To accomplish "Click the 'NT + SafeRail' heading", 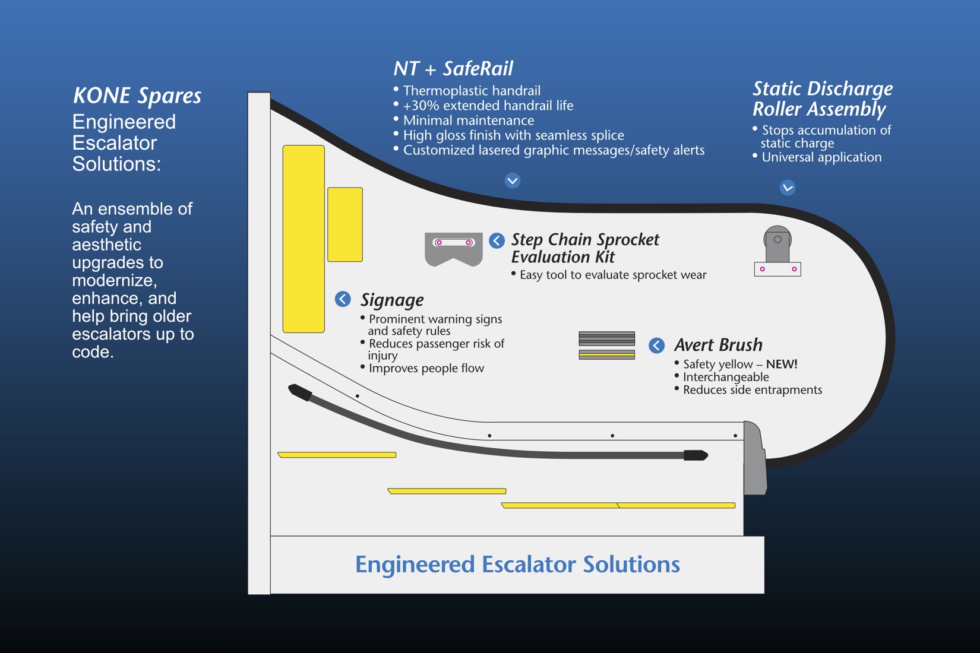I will [x=453, y=69].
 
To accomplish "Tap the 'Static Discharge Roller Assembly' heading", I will [x=822, y=99].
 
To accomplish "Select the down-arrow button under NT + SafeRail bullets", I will [x=513, y=180].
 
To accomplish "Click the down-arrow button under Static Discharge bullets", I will [x=788, y=188].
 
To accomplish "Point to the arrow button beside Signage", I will [x=343, y=299].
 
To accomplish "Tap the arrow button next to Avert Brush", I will [x=656, y=345].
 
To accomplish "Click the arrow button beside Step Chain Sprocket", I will [x=497, y=240].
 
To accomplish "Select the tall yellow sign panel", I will [x=304, y=239].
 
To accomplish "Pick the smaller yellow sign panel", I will [x=345, y=224].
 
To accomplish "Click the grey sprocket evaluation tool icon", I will [x=454, y=249].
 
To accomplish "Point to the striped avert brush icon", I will [x=606, y=345].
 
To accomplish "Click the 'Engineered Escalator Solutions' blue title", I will [x=517, y=565].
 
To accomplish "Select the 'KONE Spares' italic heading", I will [x=137, y=96].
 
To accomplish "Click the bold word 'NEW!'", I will [x=782, y=364].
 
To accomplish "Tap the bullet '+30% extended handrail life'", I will [x=488, y=106].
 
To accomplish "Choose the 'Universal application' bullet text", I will [x=821, y=157].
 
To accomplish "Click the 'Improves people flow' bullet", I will [x=426, y=369].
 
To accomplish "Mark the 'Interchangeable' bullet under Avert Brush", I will [x=726, y=378].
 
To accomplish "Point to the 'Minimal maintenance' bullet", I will [x=468, y=121].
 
